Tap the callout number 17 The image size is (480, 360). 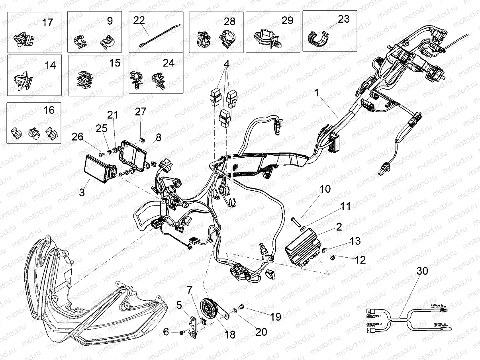click(47, 22)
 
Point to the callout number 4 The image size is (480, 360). click(226, 64)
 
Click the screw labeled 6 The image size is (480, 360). click(182, 332)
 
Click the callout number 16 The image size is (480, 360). click(49, 110)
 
